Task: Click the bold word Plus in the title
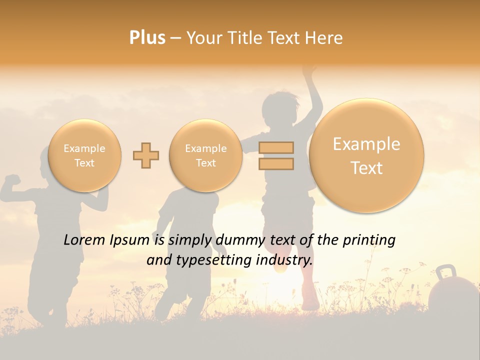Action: click(x=147, y=38)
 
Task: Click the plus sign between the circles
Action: click(x=145, y=155)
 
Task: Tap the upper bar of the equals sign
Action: click(x=276, y=147)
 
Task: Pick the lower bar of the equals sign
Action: click(x=276, y=163)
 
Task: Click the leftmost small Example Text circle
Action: click(x=84, y=155)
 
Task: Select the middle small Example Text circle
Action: click(x=206, y=155)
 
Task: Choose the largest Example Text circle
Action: click(x=366, y=155)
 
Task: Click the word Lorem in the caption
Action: click(x=84, y=240)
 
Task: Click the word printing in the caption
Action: click(x=368, y=240)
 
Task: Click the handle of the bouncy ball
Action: click(x=445, y=272)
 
